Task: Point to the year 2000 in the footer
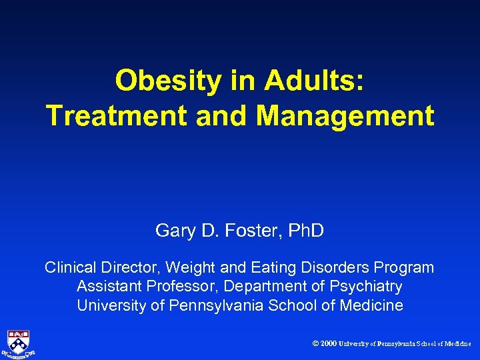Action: [x=328, y=344]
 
